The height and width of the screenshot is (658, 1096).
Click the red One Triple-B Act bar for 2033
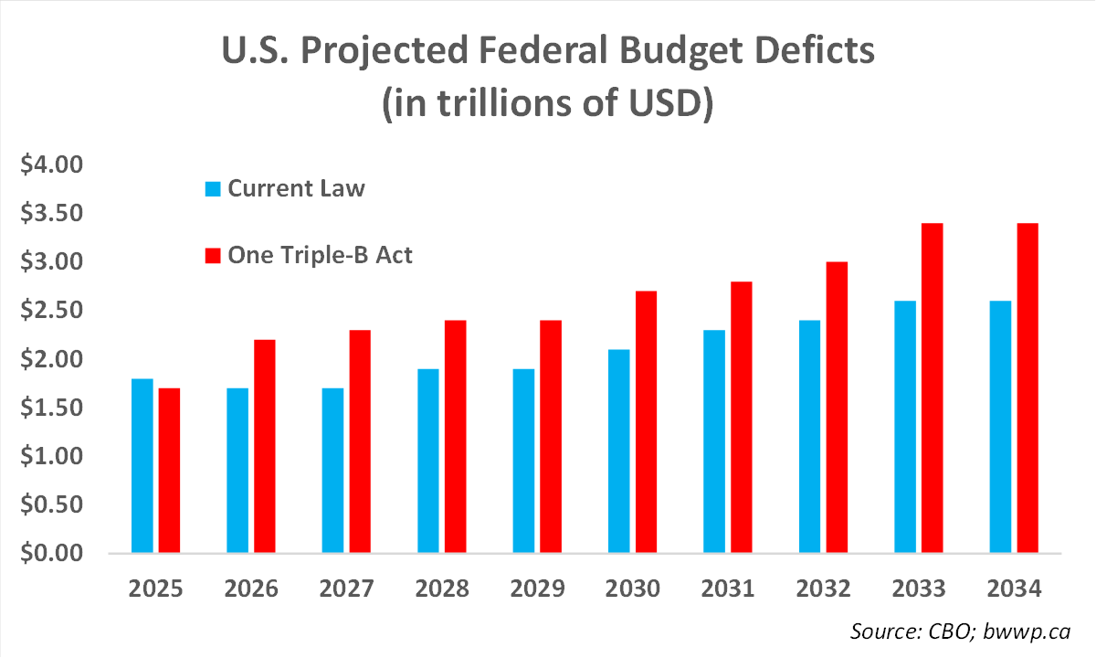[x=932, y=388]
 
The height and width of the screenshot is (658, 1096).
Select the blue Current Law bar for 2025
[x=142, y=466]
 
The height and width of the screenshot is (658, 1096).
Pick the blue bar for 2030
[x=618, y=451]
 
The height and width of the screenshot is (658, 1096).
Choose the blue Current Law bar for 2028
[x=428, y=461]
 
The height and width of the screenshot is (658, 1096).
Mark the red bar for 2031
[x=741, y=418]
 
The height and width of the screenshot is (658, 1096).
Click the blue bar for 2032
[x=809, y=437]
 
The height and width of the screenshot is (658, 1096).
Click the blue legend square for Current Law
[x=213, y=190]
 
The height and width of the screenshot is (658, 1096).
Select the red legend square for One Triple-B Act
[x=213, y=256]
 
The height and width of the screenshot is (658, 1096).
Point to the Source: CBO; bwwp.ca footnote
[x=960, y=631]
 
